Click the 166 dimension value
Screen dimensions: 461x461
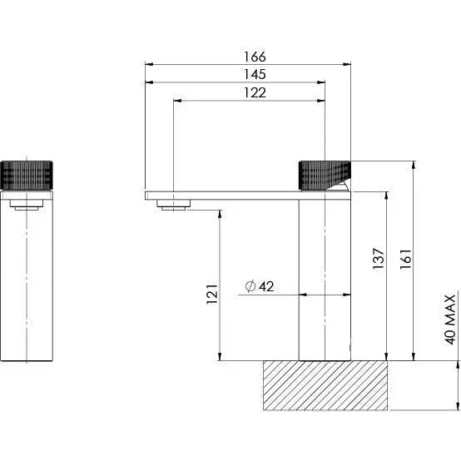pos(255,57)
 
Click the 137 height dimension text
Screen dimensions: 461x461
pos(379,259)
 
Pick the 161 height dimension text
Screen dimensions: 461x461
pos(405,259)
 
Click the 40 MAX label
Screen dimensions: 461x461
pos(450,319)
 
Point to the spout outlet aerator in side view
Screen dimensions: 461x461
pos(174,206)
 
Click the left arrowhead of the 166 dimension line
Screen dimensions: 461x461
pos(148,64)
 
